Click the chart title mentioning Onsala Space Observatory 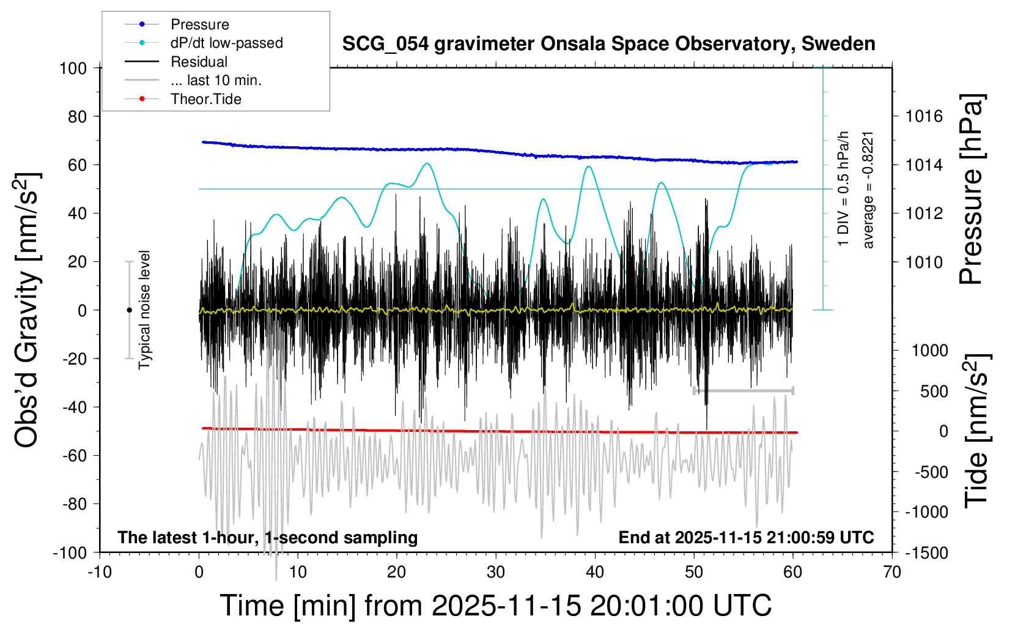click(x=608, y=44)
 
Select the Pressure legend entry click(x=199, y=24)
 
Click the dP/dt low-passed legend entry click(x=226, y=43)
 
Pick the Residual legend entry click(x=199, y=62)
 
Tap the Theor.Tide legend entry click(x=205, y=99)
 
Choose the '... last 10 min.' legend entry click(x=216, y=80)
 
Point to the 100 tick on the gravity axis click(x=73, y=68)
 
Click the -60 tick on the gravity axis click(x=74, y=455)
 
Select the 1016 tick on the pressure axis click(x=924, y=116)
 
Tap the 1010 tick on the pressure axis click(x=924, y=262)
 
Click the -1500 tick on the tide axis click(x=926, y=552)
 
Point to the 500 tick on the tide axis click(x=934, y=391)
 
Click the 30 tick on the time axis click(x=496, y=572)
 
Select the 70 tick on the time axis click(x=892, y=572)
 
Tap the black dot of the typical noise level click(x=129, y=310)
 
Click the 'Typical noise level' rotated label click(x=144, y=310)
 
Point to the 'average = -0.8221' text click(x=868, y=190)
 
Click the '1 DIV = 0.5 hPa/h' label click(x=844, y=188)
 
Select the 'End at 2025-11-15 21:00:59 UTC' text click(x=746, y=537)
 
